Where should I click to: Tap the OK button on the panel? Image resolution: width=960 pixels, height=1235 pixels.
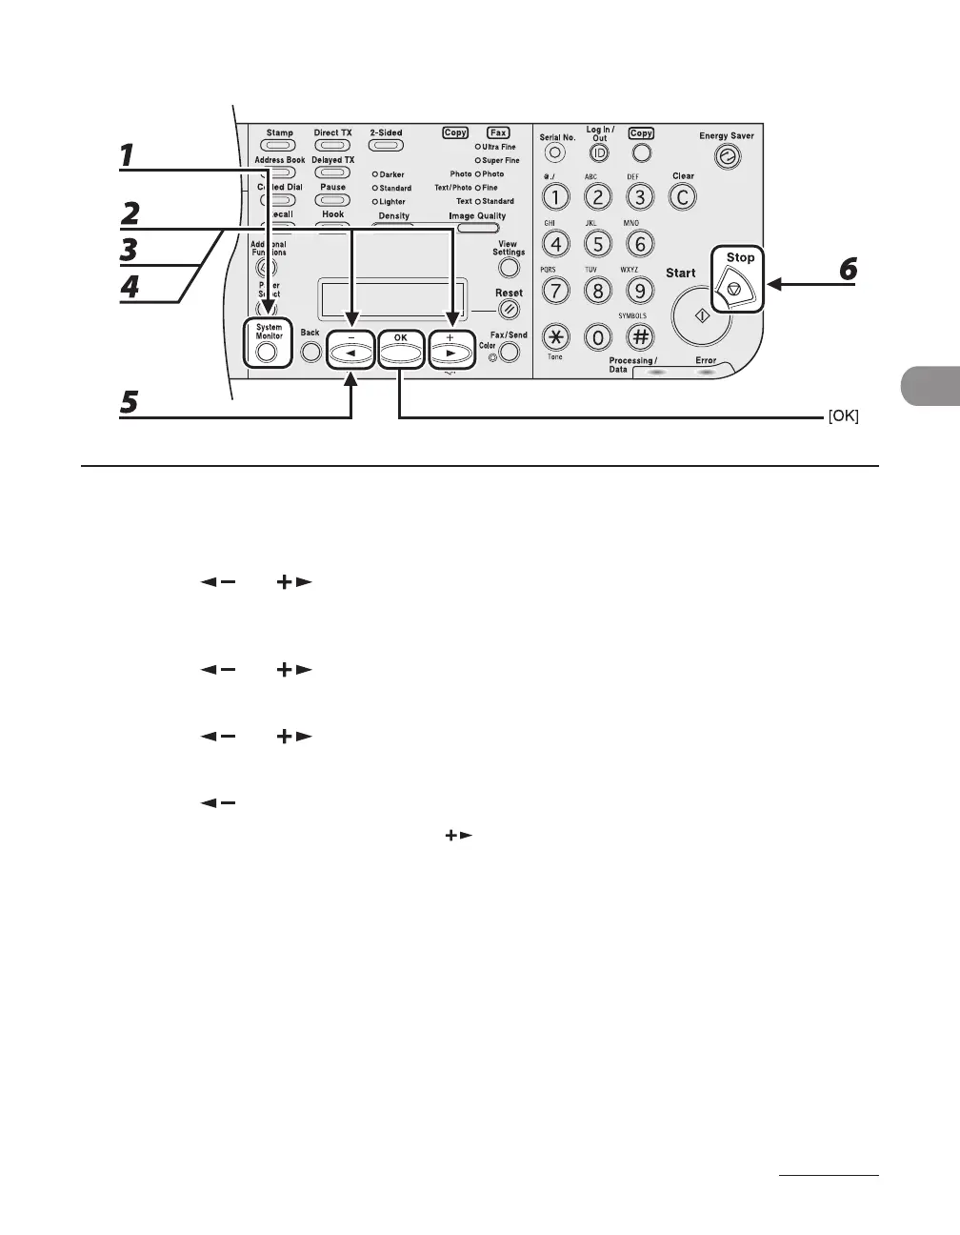400,350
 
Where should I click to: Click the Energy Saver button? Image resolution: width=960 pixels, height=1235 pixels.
728,158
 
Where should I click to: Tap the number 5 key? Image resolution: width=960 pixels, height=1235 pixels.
597,243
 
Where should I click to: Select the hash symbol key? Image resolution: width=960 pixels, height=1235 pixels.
640,335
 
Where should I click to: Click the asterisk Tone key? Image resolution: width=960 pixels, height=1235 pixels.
555,335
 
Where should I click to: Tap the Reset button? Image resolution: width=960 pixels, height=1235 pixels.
510,309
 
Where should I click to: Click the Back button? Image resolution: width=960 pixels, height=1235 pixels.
310,351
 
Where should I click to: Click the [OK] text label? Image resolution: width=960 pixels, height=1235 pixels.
842,417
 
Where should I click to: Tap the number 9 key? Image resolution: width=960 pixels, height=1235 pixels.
640,290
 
